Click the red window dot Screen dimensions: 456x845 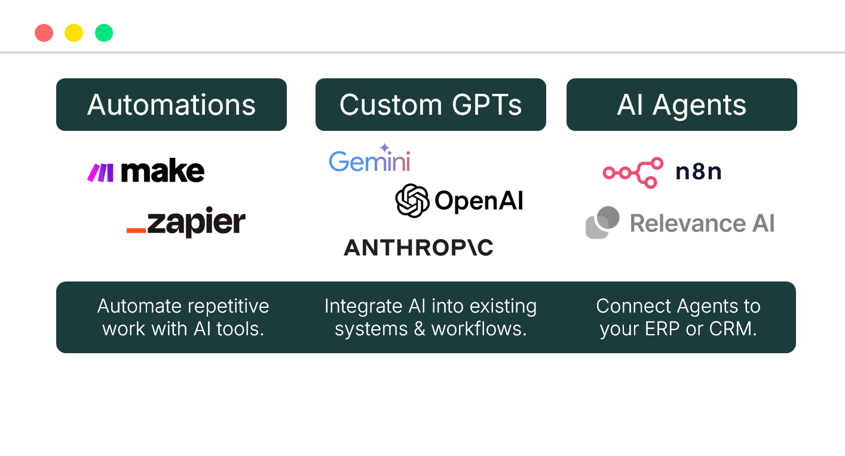coord(44,33)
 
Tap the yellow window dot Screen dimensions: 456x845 coord(74,33)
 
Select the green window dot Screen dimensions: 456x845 coord(104,33)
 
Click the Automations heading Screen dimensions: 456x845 coord(172,105)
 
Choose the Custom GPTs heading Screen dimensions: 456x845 coord(430,105)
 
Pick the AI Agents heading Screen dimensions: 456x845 coord(681,105)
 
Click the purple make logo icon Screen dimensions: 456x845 coord(100,173)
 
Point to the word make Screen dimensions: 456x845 coord(163,172)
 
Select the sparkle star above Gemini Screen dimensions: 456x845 coord(384,147)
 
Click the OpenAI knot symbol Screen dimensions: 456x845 coord(412,200)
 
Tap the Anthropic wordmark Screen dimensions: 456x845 coord(418,247)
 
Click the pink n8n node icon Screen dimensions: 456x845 coord(633,173)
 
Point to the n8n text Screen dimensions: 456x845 coord(698,172)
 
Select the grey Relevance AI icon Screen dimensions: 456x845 coord(602,222)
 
